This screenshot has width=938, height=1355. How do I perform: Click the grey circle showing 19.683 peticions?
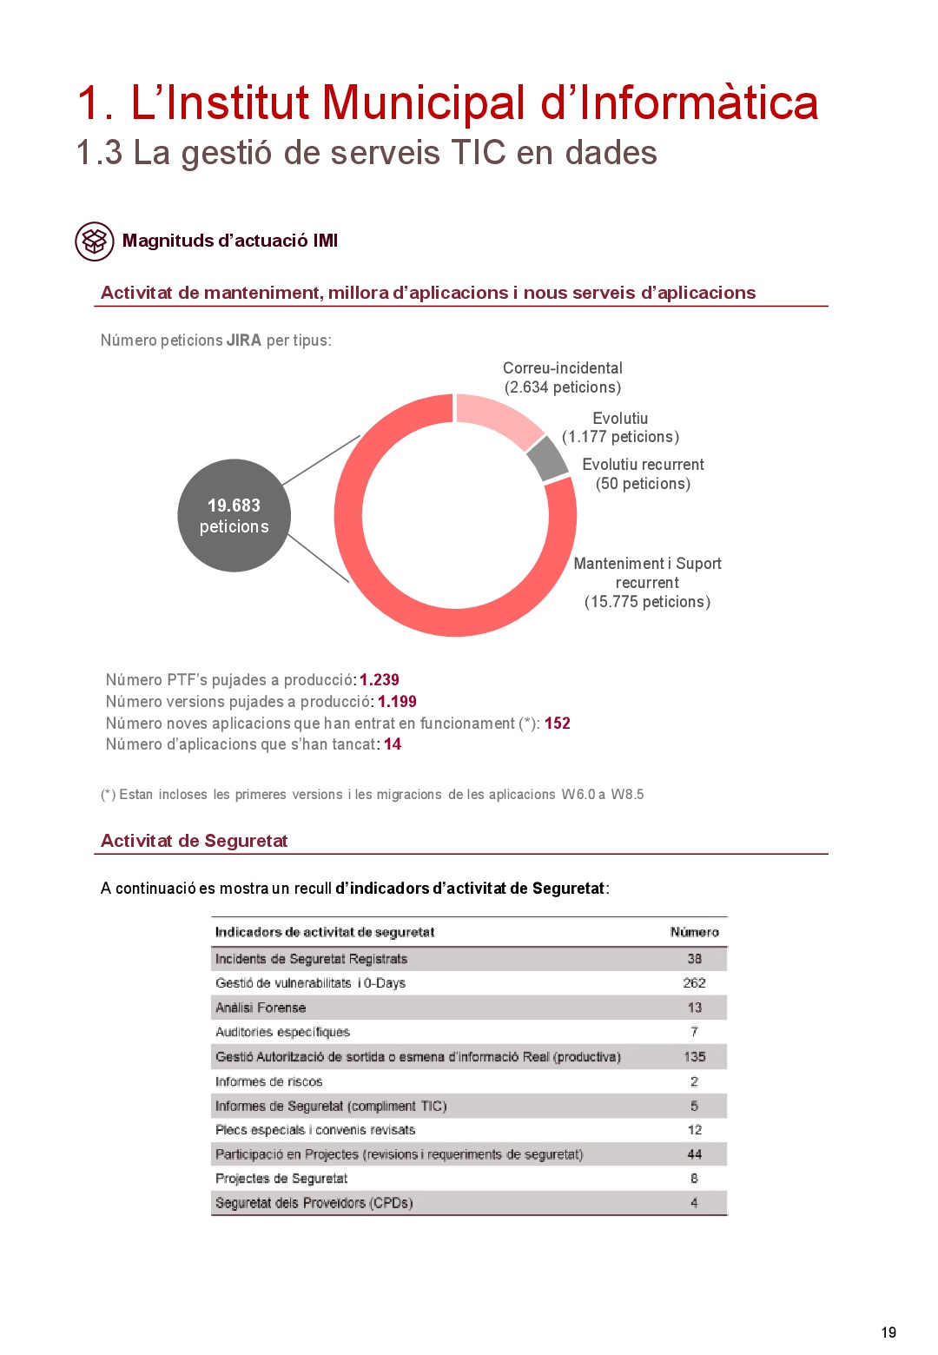pyautogui.click(x=234, y=515)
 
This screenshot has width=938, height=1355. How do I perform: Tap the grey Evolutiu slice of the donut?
pyautogui.click(x=546, y=459)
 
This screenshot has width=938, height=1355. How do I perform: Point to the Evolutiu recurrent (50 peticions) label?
pyautogui.click(x=643, y=474)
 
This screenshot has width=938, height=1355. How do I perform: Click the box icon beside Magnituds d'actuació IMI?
pyautogui.click(x=94, y=241)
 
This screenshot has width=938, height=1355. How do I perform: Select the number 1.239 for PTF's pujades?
pyautogui.click(x=380, y=680)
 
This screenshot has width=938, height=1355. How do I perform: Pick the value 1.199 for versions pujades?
pyautogui.click(x=397, y=702)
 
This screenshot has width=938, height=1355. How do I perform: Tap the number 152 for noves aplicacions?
pyautogui.click(x=558, y=724)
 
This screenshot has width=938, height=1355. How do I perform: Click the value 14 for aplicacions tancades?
pyautogui.click(x=393, y=744)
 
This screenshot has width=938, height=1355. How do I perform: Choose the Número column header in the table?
pyautogui.click(x=694, y=932)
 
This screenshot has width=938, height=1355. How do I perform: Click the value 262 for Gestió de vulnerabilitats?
pyautogui.click(x=694, y=983)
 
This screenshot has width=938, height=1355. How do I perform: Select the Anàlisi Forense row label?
pyautogui.click(x=261, y=1008)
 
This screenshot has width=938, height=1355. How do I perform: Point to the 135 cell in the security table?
pyautogui.click(x=694, y=1057)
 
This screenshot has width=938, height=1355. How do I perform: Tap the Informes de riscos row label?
pyautogui.click(x=268, y=1081)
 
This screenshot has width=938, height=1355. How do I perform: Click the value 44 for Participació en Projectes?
pyautogui.click(x=694, y=1154)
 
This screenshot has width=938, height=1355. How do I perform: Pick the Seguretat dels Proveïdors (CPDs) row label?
pyautogui.click(x=314, y=1203)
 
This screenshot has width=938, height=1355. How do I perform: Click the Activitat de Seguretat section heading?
pyautogui.click(x=194, y=841)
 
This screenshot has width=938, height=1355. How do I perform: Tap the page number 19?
pyautogui.click(x=888, y=1332)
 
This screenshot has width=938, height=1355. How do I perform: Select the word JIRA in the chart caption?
pyautogui.click(x=244, y=340)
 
